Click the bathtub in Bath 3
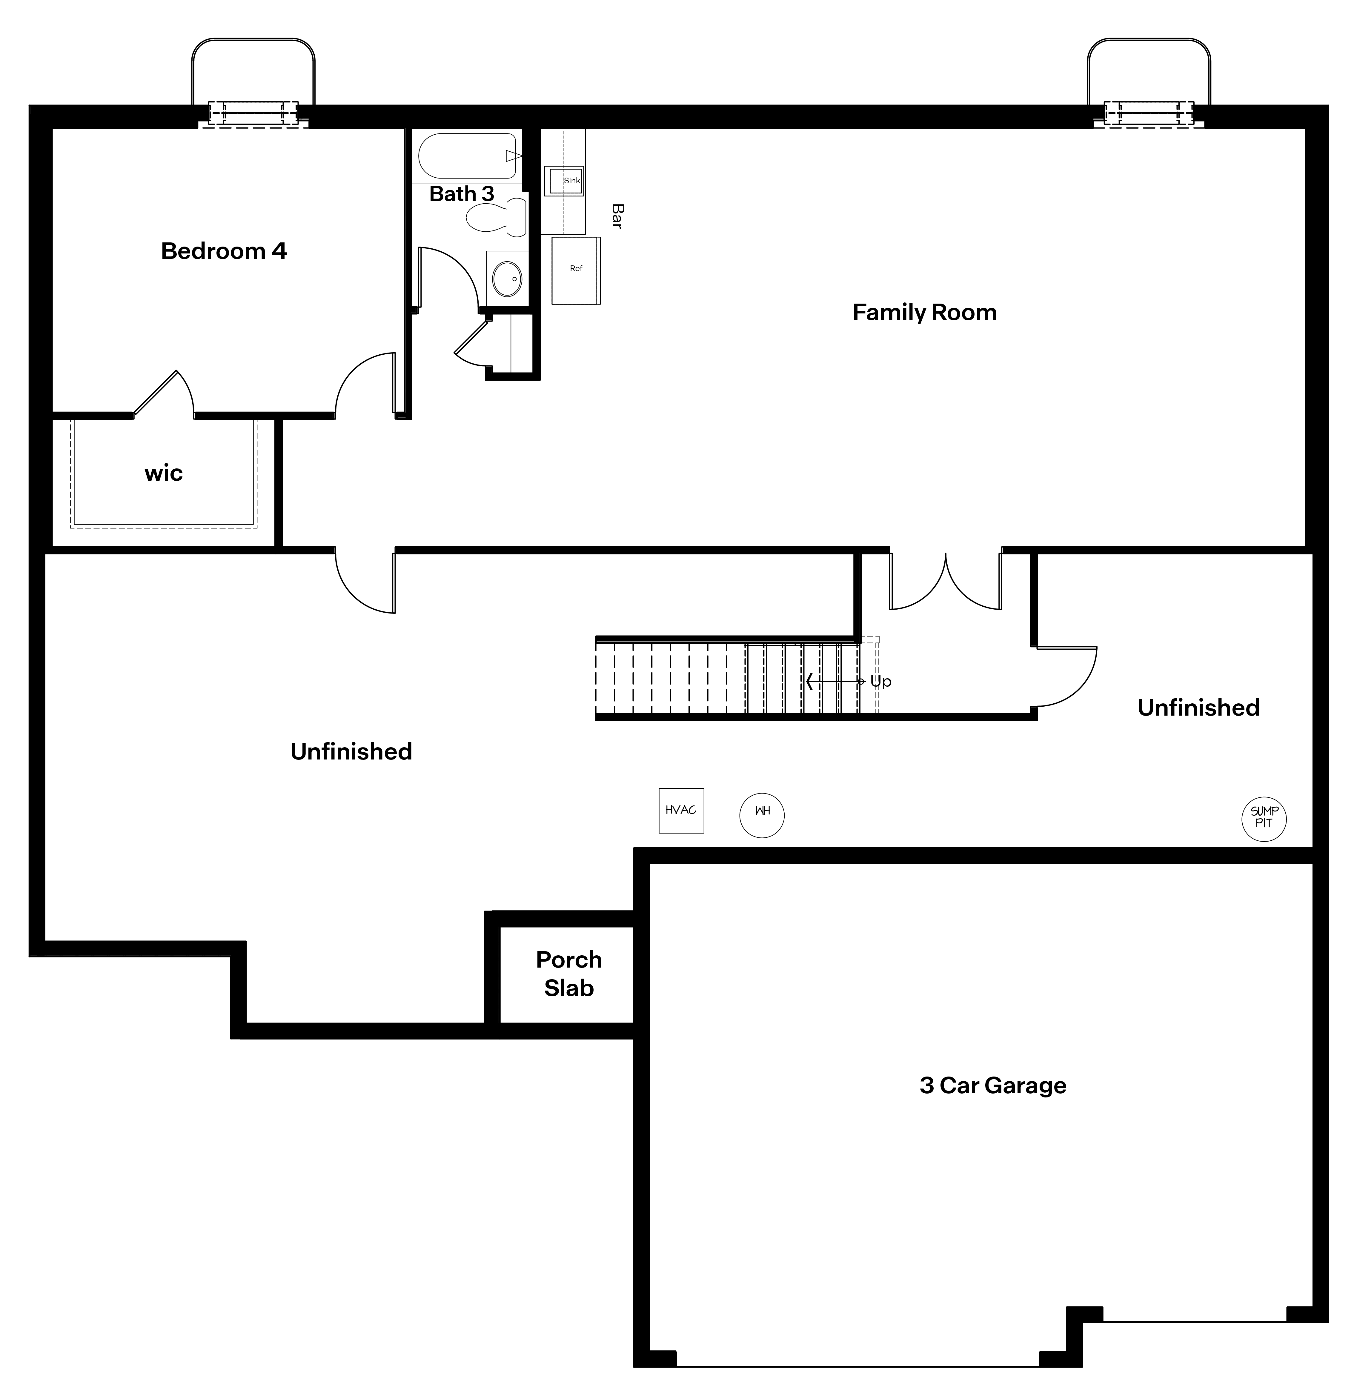coord(467,156)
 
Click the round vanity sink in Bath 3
coord(507,278)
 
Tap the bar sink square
coord(564,181)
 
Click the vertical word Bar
coord(617,216)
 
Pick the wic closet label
coord(164,473)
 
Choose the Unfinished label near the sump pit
coord(1198,708)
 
